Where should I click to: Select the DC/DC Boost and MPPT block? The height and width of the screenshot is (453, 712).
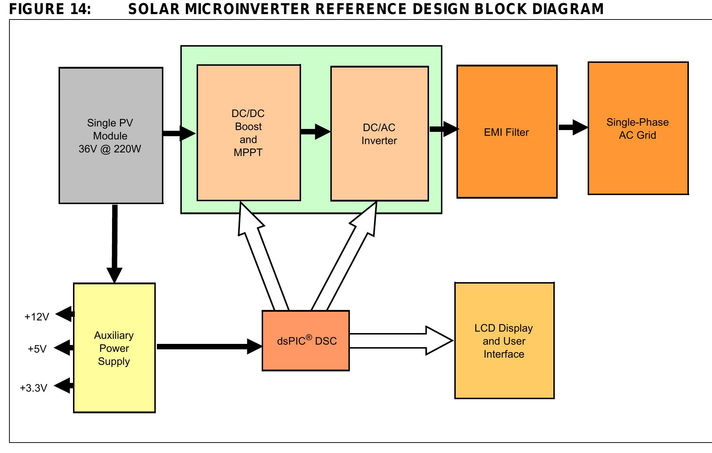(248, 133)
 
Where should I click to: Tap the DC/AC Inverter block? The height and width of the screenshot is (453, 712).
(379, 134)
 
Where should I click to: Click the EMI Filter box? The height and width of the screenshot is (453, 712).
(506, 132)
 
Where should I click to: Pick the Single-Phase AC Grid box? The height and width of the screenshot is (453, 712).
(638, 129)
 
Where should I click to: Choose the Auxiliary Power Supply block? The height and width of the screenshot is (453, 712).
(114, 348)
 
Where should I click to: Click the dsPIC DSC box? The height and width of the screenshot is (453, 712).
(306, 341)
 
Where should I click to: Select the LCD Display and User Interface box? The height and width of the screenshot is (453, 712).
(504, 341)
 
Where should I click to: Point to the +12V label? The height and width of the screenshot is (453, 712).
(37, 317)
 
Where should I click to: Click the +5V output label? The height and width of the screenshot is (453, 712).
(37, 349)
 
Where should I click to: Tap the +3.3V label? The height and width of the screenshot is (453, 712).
(33, 388)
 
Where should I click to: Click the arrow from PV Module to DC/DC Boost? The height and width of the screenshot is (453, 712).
(179, 133)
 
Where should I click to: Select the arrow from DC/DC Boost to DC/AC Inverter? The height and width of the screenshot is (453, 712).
(315, 131)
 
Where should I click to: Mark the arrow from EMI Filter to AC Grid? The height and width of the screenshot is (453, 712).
(572, 128)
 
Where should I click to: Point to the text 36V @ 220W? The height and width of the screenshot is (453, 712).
(110, 149)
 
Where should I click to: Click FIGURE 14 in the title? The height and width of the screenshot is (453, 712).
(50, 9)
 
